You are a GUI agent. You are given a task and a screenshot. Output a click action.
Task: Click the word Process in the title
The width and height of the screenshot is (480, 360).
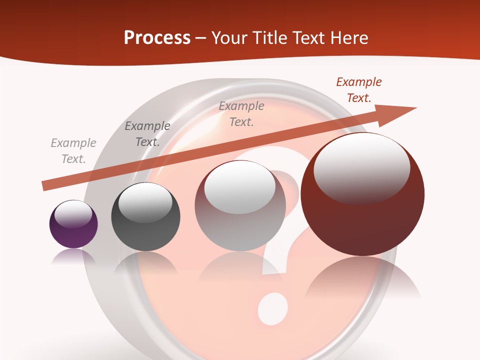click(x=157, y=37)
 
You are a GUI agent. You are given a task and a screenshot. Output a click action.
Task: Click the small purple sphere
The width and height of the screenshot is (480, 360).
click(x=73, y=225)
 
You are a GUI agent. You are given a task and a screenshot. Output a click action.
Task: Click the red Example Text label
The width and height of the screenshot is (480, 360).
click(x=359, y=90)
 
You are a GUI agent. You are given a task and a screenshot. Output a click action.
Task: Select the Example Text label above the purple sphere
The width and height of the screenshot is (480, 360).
click(x=73, y=151)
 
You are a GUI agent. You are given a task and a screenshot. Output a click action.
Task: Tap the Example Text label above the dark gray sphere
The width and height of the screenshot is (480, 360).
click(x=147, y=134)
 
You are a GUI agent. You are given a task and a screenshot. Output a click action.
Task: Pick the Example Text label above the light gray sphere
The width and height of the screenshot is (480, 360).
click(x=241, y=114)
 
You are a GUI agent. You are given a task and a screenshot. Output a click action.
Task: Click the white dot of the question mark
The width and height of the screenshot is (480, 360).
click(x=273, y=307)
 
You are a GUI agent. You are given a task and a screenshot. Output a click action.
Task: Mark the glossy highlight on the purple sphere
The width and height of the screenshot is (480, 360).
click(x=73, y=214)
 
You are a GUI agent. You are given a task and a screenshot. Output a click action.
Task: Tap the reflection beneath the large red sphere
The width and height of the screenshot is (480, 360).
click(x=362, y=280)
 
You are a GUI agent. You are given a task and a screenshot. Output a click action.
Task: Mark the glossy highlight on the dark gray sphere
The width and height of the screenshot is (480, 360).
click(x=145, y=202)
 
